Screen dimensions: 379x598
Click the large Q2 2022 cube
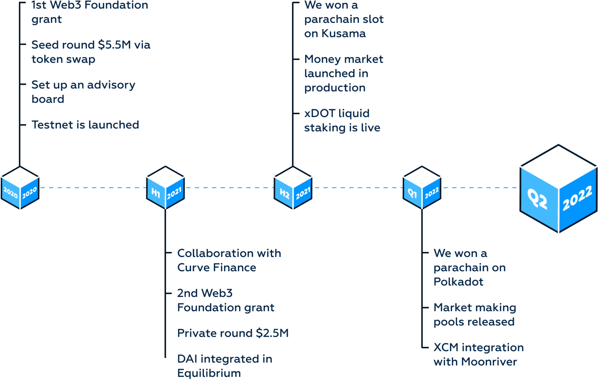click(x=559, y=189)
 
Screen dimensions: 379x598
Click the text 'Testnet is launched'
click(x=85, y=125)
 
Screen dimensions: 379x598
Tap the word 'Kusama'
click(x=343, y=34)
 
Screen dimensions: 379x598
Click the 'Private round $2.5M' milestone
click(x=233, y=333)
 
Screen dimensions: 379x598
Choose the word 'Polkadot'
click(x=458, y=282)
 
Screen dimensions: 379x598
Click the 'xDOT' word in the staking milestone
click(x=319, y=114)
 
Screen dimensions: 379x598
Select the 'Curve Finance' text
click(x=216, y=268)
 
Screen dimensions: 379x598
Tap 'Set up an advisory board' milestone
click(x=83, y=92)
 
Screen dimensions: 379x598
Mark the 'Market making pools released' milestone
click(x=474, y=315)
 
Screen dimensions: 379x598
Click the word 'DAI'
click(x=187, y=359)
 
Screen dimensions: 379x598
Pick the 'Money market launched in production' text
click(x=343, y=73)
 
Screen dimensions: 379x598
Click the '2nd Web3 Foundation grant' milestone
click(x=225, y=301)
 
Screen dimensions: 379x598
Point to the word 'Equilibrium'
click(x=209, y=373)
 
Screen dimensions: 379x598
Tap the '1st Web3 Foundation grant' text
click(x=89, y=12)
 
